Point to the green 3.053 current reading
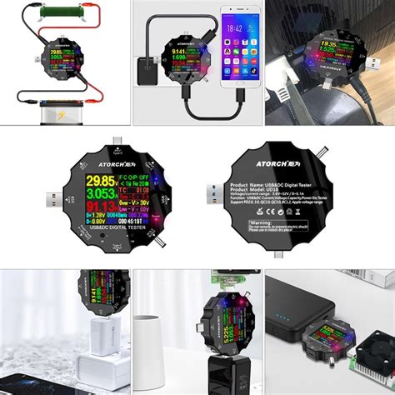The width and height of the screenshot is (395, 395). click(x=78, y=194)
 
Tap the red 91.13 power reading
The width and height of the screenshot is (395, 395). click(x=78, y=208)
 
